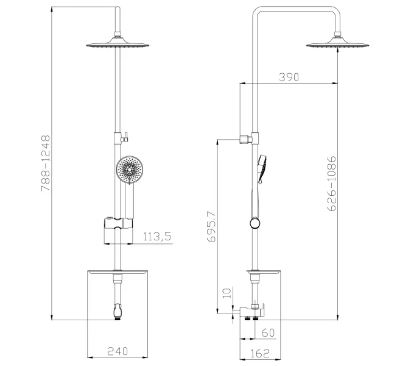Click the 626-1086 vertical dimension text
(332, 184)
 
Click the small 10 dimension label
(227, 293)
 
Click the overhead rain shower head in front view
(115, 45)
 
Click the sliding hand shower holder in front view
(116, 223)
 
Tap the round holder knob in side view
(253, 224)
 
